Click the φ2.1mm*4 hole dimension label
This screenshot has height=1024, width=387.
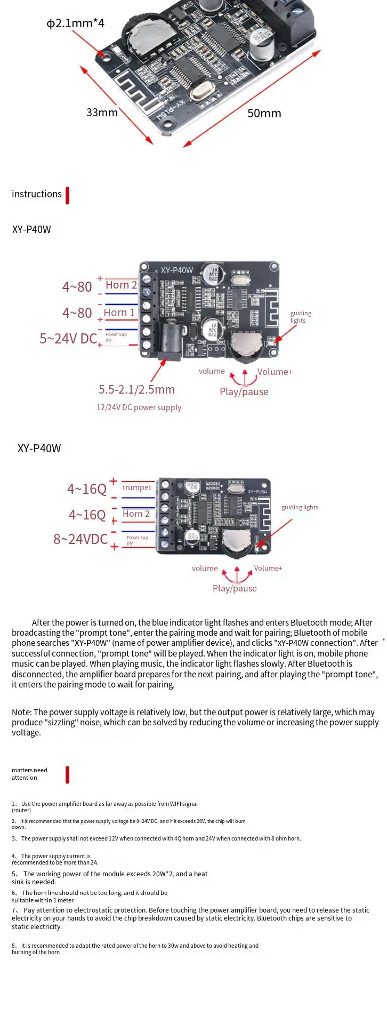[x=75, y=23]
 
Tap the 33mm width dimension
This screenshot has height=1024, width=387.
[x=102, y=113]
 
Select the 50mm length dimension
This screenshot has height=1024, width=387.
[x=264, y=113]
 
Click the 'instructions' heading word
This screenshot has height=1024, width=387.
[x=37, y=194]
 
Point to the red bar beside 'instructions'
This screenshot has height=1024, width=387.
[x=67, y=195]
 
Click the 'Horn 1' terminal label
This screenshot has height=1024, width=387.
[x=119, y=313]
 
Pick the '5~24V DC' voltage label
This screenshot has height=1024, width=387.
[x=68, y=339]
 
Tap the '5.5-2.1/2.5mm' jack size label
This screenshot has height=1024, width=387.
[x=136, y=390]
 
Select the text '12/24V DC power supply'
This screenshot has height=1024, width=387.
[x=139, y=407]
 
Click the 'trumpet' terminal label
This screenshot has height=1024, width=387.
[x=137, y=487]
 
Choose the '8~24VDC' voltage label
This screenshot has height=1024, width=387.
[x=80, y=539]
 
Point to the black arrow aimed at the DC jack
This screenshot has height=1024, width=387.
[x=158, y=369]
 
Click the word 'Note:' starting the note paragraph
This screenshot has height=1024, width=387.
[x=21, y=713]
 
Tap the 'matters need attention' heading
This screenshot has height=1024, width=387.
[x=29, y=774]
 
